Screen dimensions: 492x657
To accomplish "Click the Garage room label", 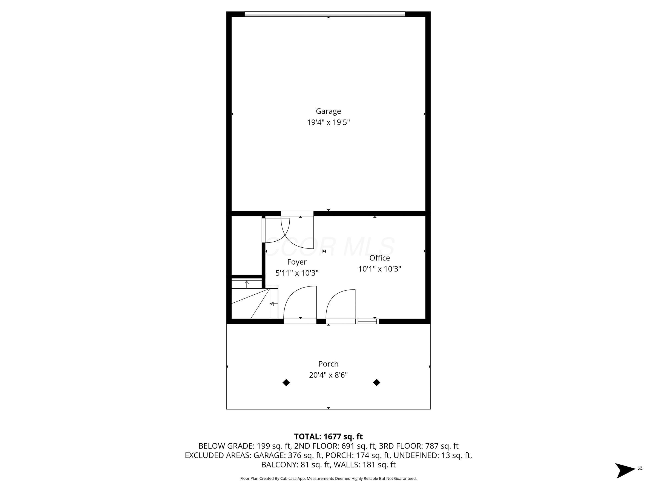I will click(x=328, y=111).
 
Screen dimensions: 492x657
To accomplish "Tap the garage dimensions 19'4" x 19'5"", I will click(x=328, y=122).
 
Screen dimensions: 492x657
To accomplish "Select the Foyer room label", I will click(x=297, y=262).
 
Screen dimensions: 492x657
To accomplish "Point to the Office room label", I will click(x=380, y=258).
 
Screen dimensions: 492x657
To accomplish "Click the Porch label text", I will click(x=328, y=364).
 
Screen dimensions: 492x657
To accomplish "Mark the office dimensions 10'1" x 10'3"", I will click(x=380, y=269).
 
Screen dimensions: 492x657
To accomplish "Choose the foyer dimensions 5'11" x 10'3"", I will click(x=297, y=273).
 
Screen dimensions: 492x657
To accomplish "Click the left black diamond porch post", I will click(x=286, y=383).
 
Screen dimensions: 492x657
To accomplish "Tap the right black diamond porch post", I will click(x=376, y=383).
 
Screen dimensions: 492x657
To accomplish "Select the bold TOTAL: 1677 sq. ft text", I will click(x=328, y=437).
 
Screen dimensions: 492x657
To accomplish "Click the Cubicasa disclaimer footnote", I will click(x=328, y=478).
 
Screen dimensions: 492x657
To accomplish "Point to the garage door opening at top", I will click(x=325, y=14).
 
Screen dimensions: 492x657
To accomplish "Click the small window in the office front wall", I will click(x=367, y=321).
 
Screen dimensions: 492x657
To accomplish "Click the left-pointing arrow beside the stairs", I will click(x=272, y=304).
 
